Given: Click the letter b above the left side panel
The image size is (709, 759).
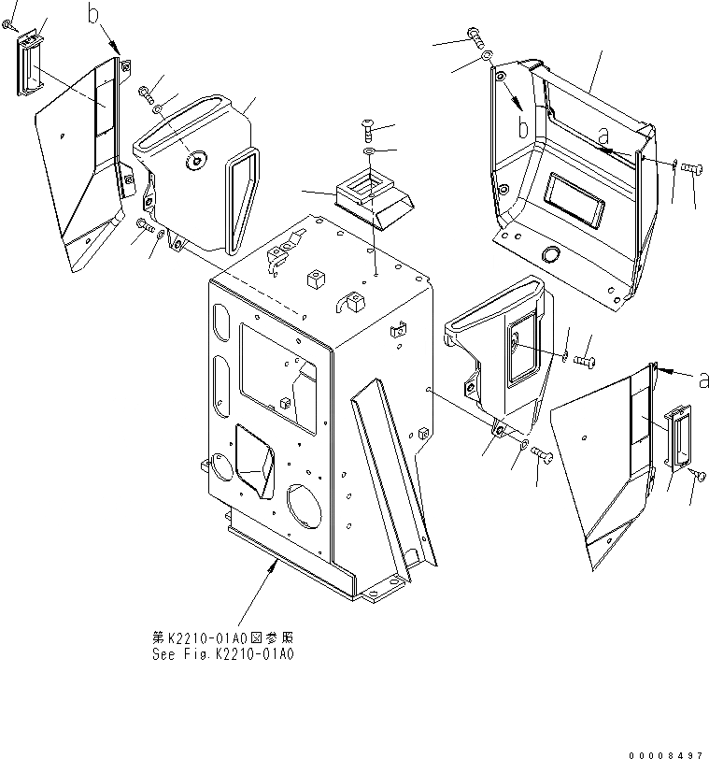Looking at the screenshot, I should tap(93, 13).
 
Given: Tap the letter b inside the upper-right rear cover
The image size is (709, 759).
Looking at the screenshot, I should tap(524, 124).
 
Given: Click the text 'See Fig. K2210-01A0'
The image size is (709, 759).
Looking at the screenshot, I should tap(224, 654).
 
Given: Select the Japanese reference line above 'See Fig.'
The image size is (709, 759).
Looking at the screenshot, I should tap(224, 637).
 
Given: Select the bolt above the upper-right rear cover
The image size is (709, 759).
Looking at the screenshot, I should tap(475, 36).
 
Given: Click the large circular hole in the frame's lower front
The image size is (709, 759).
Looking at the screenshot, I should tap(306, 506).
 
